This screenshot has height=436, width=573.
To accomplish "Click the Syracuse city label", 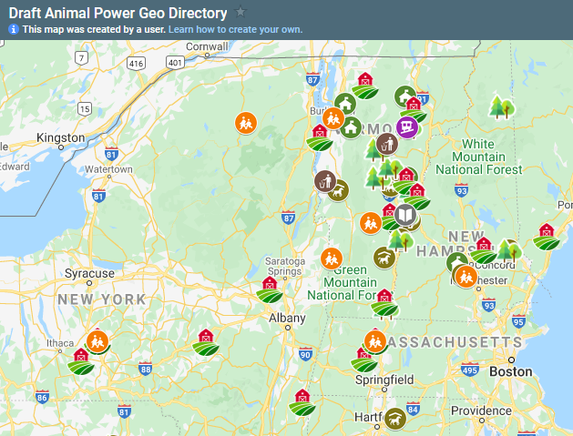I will (89, 273).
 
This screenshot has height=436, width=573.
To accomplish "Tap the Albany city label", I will (287, 319).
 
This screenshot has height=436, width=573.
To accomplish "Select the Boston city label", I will (510, 371).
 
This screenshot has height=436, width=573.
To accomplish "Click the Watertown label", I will (109, 169).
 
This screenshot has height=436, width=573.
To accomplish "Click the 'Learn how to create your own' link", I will (235, 29).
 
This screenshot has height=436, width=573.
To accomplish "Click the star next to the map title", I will (240, 12).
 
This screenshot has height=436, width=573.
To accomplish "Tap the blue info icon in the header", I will (14, 29).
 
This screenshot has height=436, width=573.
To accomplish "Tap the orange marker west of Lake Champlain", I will (245, 121).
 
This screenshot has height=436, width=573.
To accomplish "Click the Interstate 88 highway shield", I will (145, 368).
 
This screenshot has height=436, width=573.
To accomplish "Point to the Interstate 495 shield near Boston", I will (470, 370).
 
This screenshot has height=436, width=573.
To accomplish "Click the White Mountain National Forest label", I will (478, 157).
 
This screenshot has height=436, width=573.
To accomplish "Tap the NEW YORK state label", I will (101, 299).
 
